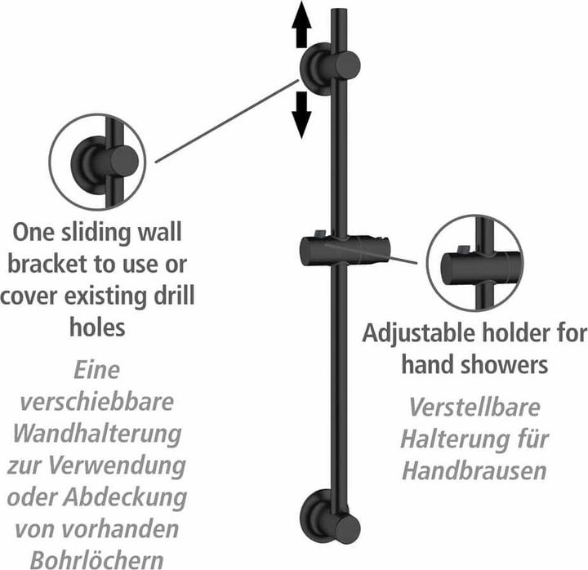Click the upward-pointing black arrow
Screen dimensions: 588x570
(x=301, y=24)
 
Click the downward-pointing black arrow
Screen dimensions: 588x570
(x=301, y=115)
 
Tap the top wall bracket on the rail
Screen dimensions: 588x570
(x=330, y=69)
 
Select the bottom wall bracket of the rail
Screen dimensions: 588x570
(x=330, y=516)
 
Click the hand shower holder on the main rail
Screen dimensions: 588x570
(x=345, y=250)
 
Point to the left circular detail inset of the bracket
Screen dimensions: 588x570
(x=97, y=162)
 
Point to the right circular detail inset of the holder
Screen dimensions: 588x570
(x=474, y=263)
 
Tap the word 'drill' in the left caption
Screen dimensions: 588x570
(x=175, y=296)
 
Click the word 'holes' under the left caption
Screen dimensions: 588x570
(x=97, y=327)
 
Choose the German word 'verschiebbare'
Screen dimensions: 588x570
(x=96, y=402)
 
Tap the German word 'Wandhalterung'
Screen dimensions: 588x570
(x=97, y=434)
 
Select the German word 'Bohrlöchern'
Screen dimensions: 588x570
(x=96, y=560)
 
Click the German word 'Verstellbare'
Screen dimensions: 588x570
(x=474, y=407)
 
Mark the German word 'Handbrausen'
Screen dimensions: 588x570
(x=474, y=471)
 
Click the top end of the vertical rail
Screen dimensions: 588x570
(x=341, y=9)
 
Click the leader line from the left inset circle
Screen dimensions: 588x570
(x=227, y=121)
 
